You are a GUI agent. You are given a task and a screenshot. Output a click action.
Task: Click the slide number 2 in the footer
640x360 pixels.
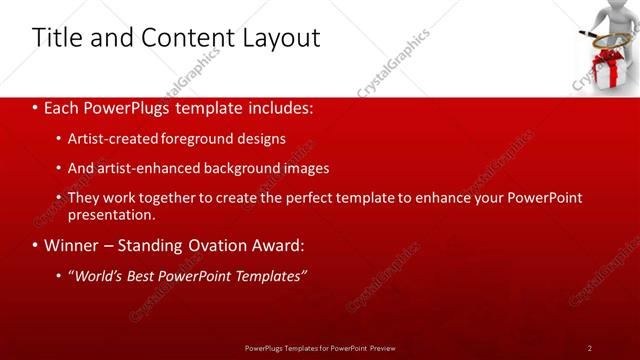pyautogui.click(x=590, y=348)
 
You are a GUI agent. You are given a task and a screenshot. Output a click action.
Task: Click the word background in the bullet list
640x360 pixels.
pyautogui.click(x=240, y=168)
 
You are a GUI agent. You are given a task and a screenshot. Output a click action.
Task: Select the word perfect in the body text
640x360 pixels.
pyautogui.click(x=310, y=197)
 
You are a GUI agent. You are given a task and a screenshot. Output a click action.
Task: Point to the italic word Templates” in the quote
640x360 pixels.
pyautogui.click(x=271, y=276)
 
